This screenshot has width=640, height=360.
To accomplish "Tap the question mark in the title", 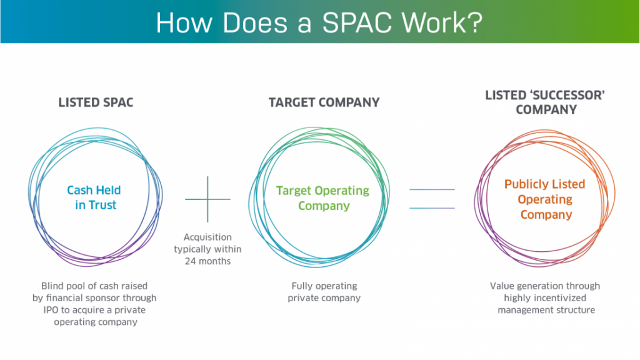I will tap(474, 22).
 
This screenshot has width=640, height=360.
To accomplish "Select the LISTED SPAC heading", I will tap(96, 102).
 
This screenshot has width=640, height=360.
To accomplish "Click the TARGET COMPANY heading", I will tap(324, 102).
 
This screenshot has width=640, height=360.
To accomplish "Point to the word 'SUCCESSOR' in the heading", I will tap(567, 94).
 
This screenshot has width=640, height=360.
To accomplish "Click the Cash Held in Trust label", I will tap(94, 197).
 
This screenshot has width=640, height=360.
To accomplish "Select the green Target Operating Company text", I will tap(323, 198).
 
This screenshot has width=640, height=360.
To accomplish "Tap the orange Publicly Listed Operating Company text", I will tap(545, 199).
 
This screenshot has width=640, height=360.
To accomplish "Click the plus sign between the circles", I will tap(207, 199).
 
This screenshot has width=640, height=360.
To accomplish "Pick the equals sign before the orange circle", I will tap(432, 198).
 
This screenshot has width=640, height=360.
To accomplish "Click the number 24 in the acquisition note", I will tap(191, 261).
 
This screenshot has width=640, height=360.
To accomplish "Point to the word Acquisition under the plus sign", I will tap(207, 237).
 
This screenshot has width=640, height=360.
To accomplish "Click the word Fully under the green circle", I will tap(303, 286).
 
